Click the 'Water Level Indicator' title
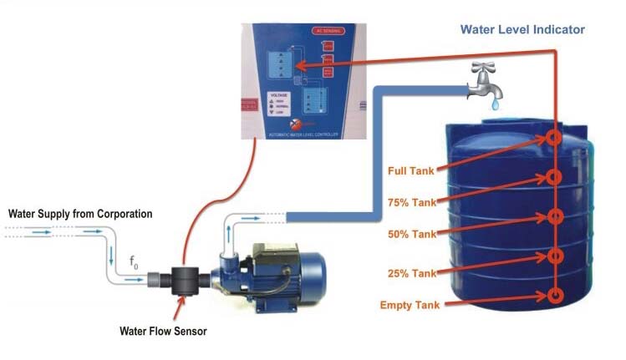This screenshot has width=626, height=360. [x=522, y=30]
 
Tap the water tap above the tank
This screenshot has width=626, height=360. [x=485, y=80]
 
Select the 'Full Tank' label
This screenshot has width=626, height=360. [x=412, y=172]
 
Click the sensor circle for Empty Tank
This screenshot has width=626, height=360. [x=553, y=297]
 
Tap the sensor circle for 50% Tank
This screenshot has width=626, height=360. [x=553, y=218]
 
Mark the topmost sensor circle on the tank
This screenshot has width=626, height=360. [x=553, y=139]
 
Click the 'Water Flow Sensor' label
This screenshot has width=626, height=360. [x=163, y=332]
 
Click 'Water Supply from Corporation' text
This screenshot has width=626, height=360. [x=80, y=214]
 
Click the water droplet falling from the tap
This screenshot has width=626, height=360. [x=496, y=106]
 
